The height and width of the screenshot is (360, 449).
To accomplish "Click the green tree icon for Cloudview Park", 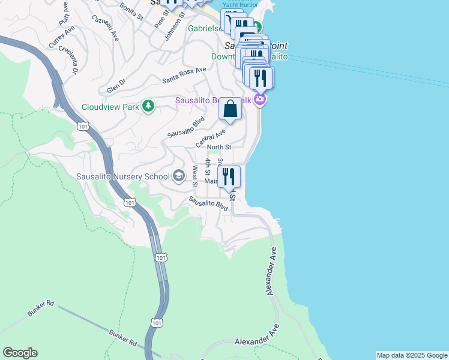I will click(x=148, y=107).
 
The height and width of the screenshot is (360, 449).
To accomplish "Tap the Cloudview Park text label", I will click(x=110, y=107).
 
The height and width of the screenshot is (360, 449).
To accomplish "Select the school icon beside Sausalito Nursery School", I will click(x=178, y=176).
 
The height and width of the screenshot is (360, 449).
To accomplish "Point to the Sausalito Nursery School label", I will click(x=123, y=177).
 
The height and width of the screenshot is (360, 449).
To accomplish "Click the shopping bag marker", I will click(x=230, y=109).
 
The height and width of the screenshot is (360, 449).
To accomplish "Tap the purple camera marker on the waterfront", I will click(x=259, y=99).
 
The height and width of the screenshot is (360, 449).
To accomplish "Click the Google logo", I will click(x=20, y=353).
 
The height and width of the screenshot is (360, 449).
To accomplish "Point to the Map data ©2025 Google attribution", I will click(x=412, y=355).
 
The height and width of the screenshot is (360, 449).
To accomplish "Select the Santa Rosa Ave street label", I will click(x=184, y=75).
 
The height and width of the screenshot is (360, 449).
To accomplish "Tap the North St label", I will click(x=218, y=147).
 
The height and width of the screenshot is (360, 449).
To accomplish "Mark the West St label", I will click(x=195, y=175).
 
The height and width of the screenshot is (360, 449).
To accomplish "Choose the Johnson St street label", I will click(x=173, y=26).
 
